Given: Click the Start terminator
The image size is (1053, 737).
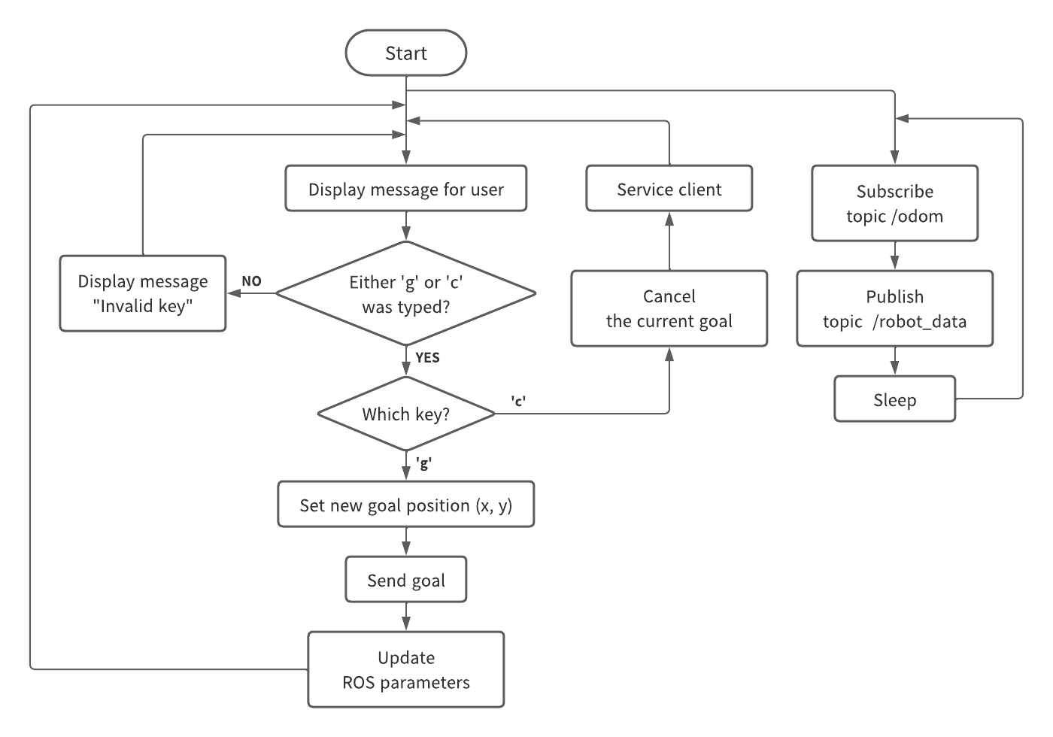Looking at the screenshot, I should pyautogui.click(x=406, y=53).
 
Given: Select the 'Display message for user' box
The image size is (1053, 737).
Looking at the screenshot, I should pyautogui.click(x=406, y=189).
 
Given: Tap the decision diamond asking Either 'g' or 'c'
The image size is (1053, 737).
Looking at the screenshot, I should pyautogui.click(x=406, y=293).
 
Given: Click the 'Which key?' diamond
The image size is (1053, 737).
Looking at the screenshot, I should pyautogui.click(x=406, y=414).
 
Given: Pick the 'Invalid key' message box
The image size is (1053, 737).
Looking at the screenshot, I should pyautogui.click(x=143, y=293).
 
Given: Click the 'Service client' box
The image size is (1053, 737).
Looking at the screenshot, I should pyautogui.click(x=669, y=189).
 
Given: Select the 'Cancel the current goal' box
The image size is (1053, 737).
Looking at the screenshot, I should pyautogui.click(x=669, y=308).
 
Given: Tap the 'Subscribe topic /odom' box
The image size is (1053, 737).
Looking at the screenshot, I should pyautogui.click(x=895, y=203).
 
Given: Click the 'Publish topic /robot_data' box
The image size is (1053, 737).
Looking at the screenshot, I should pyautogui.click(x=895, y=308).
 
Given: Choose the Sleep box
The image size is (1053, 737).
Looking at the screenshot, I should pyautogui.click(x=895, y=399).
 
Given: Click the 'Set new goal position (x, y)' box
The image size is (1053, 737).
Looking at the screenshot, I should pyautogui.click(x=406, y=505).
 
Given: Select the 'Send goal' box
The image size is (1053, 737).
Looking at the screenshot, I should pyautogui.click(x=406, y=580).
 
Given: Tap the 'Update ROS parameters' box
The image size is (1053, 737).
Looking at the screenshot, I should pyautogui.click(x=406, y=669).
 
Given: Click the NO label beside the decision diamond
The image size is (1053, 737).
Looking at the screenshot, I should pyautogui.click(x=251, y=281).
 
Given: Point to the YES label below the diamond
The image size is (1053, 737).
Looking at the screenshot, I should pyautogui.click(x=427, y=358).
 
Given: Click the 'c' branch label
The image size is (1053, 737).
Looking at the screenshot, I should pyautogui.click(x=518, y=401).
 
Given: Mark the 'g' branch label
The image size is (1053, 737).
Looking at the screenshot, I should pyautogui.click(x=423, y=464).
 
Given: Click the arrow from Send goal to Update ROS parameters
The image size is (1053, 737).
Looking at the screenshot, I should pyautogui.click(x=406, y=617).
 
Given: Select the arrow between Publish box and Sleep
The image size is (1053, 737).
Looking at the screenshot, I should pyautogui.click(x=895, y=361).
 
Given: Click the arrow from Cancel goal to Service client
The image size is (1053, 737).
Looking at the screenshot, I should pyautogui.click(x=669, y=241).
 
